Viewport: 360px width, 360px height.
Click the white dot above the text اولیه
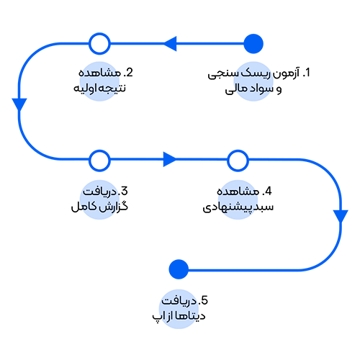pyautogui.click(x=99, y=45)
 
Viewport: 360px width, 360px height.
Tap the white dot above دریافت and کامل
pyautogui.click(x=99, y=159)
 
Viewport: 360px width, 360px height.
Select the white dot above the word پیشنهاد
pyautogui.click(x=236, y=159)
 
